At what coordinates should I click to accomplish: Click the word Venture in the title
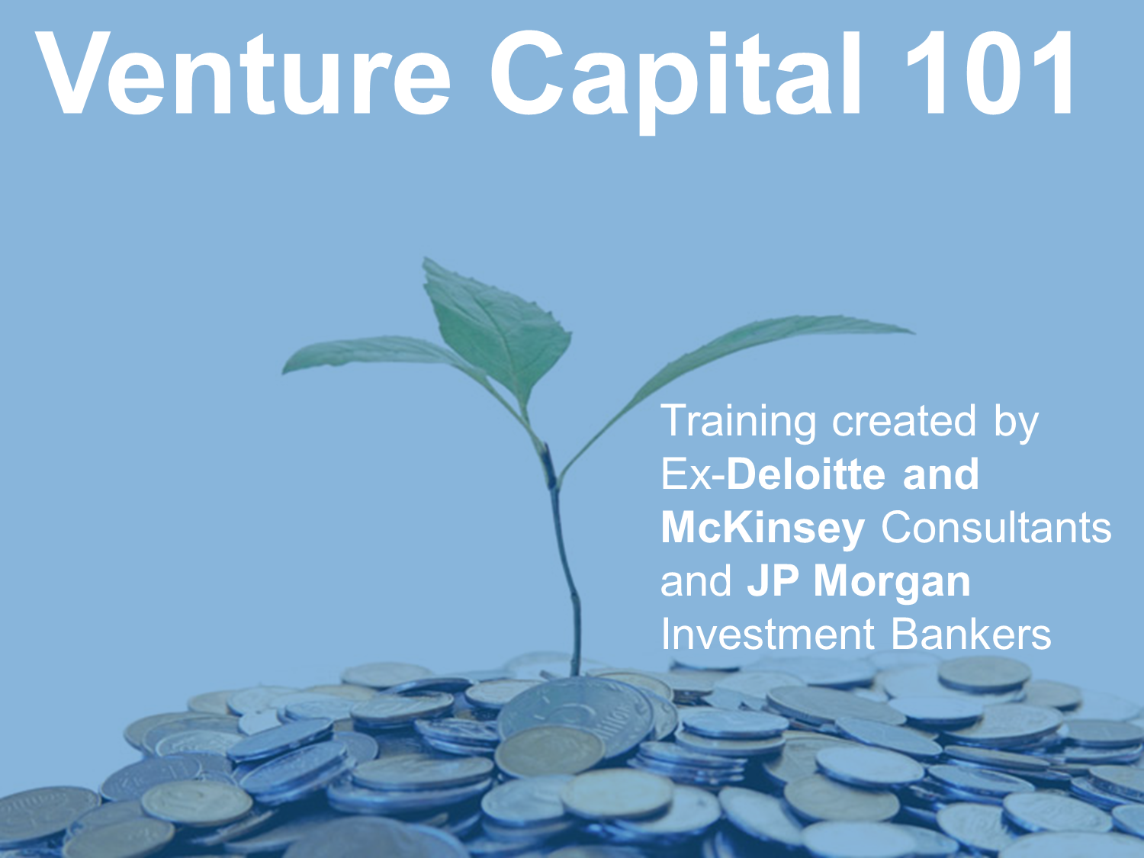click(243, 73)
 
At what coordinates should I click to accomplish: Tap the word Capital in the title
click(676, 78)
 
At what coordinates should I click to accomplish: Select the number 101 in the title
click(988, 73)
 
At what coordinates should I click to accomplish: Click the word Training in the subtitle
click(737, 424)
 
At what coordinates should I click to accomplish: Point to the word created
click(904, 421)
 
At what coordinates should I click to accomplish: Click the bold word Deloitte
click(805, 474)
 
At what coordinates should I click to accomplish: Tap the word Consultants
click(996, 528)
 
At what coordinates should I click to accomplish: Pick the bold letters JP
click(773, 581)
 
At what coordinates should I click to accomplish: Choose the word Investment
click(768, 635)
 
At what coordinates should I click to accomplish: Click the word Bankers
click(971, 635)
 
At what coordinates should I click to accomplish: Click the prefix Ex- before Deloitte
click(693, 474)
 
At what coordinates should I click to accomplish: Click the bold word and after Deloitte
click(940, 474)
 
